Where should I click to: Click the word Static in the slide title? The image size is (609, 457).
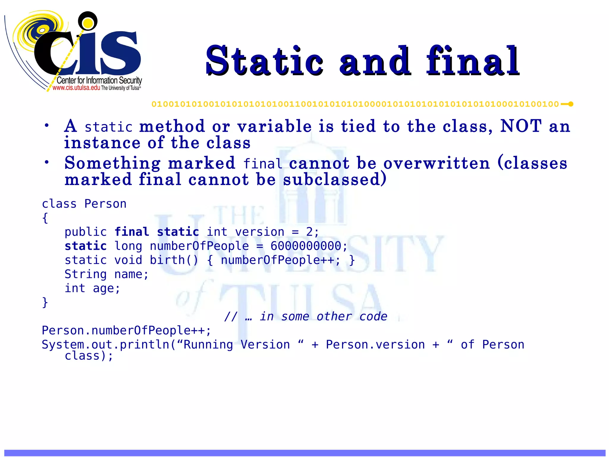[265, 61]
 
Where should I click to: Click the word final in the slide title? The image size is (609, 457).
[473, 61]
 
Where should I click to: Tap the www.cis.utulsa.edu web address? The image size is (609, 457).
[76, 88]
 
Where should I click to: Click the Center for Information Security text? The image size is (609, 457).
[99, 80]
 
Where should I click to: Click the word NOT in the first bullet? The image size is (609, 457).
[521, 126]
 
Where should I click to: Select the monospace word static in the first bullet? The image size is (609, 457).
[109, 127]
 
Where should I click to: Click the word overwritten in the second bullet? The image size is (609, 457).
[437, 164]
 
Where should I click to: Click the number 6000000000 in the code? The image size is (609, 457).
[306, 246]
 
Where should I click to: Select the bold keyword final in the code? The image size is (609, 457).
[132, 232]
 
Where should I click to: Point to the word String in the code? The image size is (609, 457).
[85, 274]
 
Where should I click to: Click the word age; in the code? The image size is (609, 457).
[106, 288]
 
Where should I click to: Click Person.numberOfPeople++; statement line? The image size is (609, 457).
[126, 331]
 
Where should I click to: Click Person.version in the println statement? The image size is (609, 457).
[375, 345]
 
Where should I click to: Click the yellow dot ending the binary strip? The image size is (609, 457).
[571, 104]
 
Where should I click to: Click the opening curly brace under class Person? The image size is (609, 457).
[45, 218]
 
